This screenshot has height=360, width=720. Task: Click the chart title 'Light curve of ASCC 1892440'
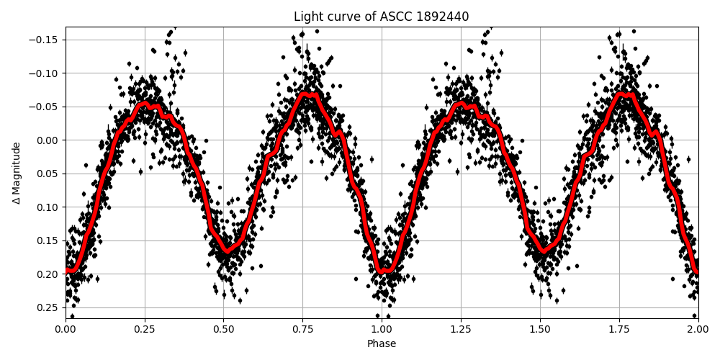[x=381, y=17]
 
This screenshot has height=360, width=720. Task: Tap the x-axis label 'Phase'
[x=382, y=343]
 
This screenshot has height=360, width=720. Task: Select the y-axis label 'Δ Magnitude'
[x=16, y=173]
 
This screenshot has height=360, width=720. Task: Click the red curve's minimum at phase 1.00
[x=384, y=271]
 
